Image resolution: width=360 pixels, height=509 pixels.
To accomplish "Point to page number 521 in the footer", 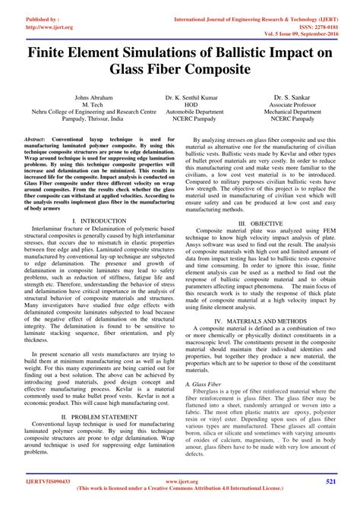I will click(x=331, y=482).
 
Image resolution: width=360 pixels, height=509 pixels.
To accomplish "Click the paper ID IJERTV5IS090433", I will click(x=36, y=482).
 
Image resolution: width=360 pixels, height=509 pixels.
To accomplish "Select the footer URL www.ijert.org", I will click(x=180, y=482).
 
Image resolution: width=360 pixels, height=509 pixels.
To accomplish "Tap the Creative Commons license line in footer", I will click(x=180, y=492).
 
